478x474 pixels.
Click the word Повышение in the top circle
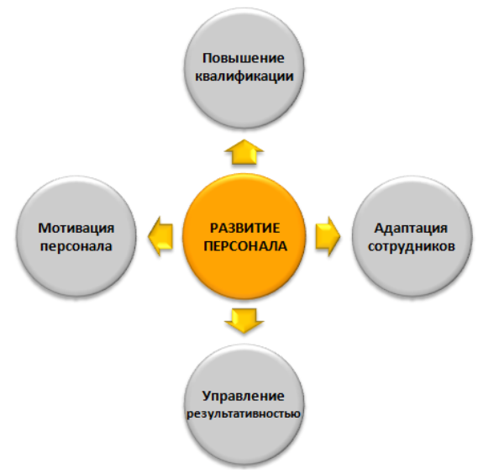pos(244,58)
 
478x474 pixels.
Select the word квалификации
pos(244,76)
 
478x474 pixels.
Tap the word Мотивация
pos(76,228)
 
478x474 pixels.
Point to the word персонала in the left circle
pos(76,246)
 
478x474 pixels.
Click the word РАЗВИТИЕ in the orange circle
pos(244,228)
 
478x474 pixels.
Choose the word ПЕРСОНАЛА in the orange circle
pos(245,246)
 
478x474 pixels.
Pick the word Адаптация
pos(411,229)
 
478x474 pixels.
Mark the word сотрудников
pos(412,246)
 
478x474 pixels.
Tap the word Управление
pos(244,396)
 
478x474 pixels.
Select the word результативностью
pos(244,414)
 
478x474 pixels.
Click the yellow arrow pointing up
pos(244,152)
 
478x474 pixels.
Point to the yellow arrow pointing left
pos(160,236)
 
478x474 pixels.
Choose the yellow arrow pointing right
pos(328,236)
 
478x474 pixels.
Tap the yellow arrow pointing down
pos(244,320)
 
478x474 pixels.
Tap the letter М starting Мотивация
pos(44,229)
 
